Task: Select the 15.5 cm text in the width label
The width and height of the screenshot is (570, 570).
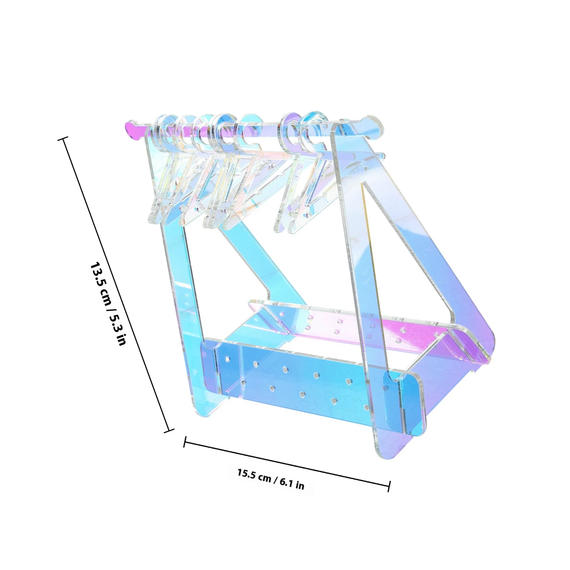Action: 254,476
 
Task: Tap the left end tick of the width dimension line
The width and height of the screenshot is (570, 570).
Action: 185,442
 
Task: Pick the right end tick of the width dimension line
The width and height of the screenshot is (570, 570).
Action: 389,486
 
